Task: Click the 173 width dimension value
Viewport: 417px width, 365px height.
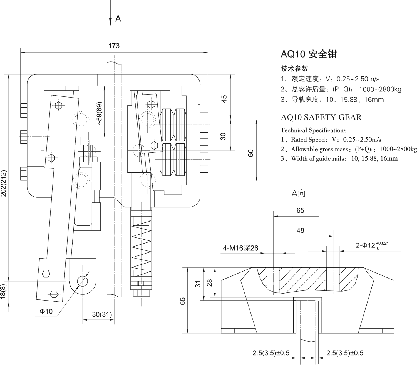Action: [x=114, y=46]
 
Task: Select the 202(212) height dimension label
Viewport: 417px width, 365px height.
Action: [x=4, y=183]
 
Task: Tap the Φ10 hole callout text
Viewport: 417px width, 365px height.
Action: [x=46, y=311]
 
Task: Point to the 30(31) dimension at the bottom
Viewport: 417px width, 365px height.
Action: [x=102, y=314]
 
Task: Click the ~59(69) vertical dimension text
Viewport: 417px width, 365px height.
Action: [x=100, y=113]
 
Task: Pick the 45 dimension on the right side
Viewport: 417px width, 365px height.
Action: [x=224, y=99]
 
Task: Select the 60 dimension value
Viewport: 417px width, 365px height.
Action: [x=251, y=153]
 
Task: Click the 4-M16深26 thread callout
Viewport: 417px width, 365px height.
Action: [x=240, y=248]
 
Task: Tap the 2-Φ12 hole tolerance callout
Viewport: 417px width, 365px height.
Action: [x=372, y=245]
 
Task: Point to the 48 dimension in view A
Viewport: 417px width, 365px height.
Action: [x=300, y=230]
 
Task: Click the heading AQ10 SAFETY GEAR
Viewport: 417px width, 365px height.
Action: [x=321, y=117]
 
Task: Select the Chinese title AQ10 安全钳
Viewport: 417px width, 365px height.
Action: [x=309, y=54]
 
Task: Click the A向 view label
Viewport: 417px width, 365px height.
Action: [x=298, y=193]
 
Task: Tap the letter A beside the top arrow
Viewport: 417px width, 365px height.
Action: [x=118, y=19]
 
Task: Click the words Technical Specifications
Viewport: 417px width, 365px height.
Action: [x=313, y=130]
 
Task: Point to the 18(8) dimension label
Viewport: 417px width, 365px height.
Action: [x=3, y=292]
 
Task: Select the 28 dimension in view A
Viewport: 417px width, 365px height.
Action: [x=210, y=283]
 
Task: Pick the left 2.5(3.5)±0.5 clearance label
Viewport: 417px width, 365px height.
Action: [x=271, y=353]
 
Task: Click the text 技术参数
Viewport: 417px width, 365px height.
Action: [x=294, y=68]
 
